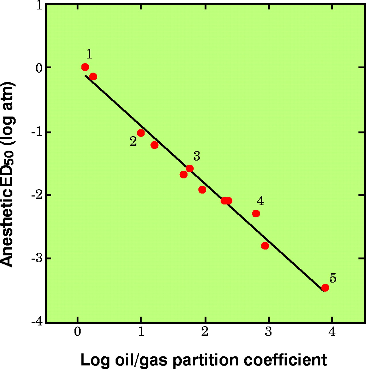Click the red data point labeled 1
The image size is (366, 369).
coord(85,67)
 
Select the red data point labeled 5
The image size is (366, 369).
coord(325,288)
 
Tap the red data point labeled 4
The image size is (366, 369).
coord(256,214)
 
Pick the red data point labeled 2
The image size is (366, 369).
coord(141,133)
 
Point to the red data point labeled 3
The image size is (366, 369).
coord(189,168)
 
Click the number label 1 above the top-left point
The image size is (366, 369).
coord(89,54)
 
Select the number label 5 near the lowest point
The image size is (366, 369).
coord(333,278)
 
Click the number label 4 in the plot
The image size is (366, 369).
coord(260,201)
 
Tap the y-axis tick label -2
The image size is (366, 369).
coord(37,195)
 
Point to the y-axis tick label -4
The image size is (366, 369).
coord(37,321)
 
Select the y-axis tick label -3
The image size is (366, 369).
coord(37,258)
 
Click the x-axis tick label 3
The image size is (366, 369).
coord(269,332)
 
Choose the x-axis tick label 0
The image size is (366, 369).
coord(77,332)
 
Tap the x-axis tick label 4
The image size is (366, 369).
coord(332,332)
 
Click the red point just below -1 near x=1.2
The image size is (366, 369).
coord(154,145)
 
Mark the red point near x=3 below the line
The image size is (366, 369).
coord(265,246)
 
